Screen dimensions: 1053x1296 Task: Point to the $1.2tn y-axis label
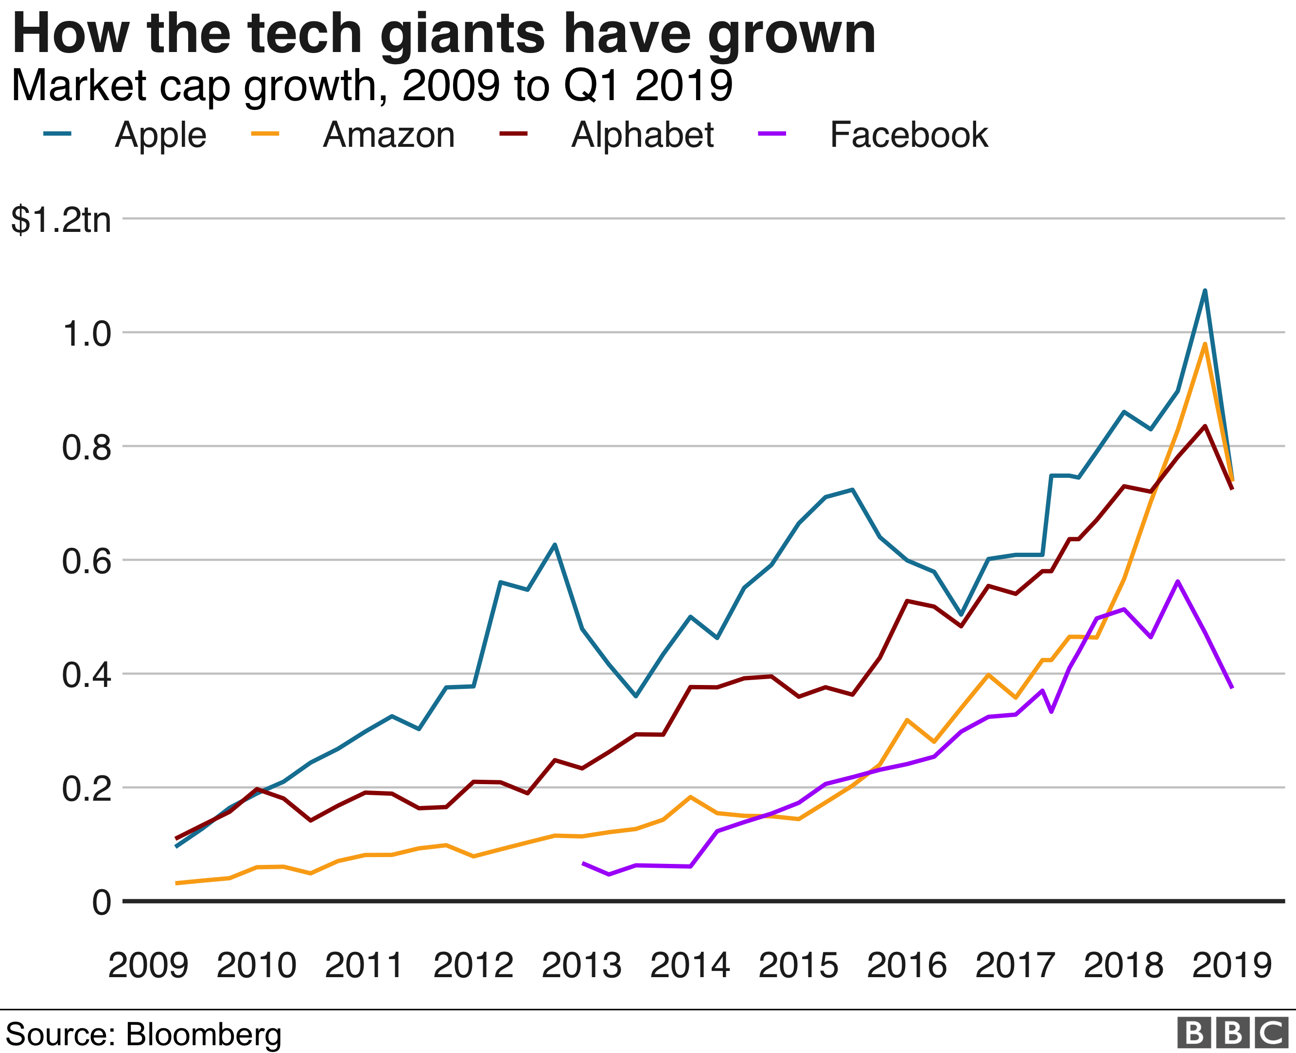coord(61,220)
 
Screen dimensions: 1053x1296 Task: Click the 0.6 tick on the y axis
coord(87,561)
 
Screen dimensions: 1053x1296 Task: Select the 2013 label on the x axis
coord(581,965)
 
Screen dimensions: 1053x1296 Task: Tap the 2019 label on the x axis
coord(1232,965)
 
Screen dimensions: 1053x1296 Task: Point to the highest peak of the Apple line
coord(1205,291)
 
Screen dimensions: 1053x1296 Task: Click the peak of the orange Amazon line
coord(1205,344)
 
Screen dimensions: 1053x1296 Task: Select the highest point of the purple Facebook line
coord(1177,581)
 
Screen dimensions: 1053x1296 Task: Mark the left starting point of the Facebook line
coord(583,862)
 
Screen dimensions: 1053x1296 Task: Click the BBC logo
coord(1232,1033)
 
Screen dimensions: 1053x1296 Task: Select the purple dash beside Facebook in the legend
coord(772,133)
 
